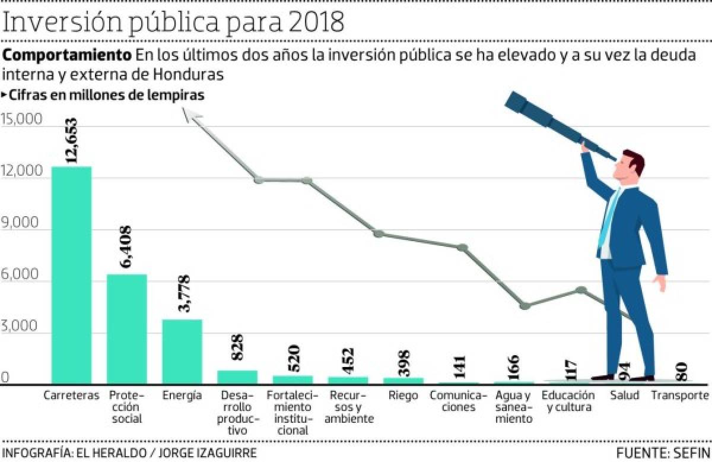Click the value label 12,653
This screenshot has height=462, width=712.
pos(72,141)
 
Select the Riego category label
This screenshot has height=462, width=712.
pos(403,395)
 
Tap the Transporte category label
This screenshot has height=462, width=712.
pos(680,395)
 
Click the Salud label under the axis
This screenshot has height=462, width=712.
pos(624,395)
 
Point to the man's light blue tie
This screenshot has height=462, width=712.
pos(608,220)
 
